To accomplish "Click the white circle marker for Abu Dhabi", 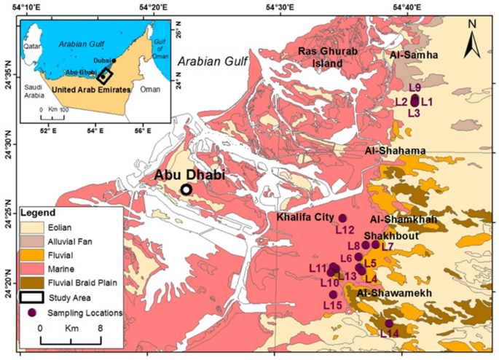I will (x=186, y=189).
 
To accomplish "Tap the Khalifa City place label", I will (x=305, y=217).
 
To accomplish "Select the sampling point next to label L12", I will (x=343, y=218).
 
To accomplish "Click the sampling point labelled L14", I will (x=389, y=323).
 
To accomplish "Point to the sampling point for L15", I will (x=334, y=294).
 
